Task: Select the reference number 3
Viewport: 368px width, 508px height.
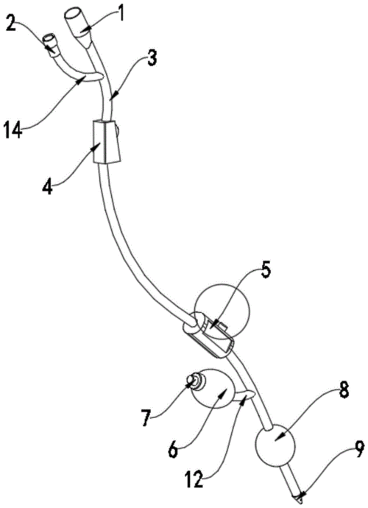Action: click(152, 58)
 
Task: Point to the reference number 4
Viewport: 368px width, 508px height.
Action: click(47, 186)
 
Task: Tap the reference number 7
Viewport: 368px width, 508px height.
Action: click(146, 418)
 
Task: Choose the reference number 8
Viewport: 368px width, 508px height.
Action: click(344, 389)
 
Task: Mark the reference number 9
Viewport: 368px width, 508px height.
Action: click(358, 449)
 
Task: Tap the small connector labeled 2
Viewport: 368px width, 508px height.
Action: click(52, 46)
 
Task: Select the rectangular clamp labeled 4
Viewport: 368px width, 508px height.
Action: click(107, 142)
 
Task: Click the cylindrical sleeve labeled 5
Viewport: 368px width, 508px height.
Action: click(208, 334)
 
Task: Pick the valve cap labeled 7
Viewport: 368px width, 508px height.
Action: click(195, 381)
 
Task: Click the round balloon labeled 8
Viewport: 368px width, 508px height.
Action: click(276, 445)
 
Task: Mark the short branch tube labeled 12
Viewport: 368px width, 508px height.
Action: click(245, 395)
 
